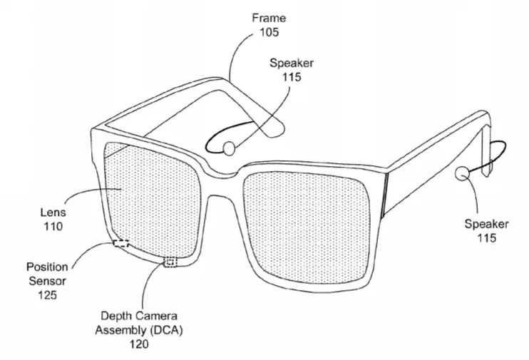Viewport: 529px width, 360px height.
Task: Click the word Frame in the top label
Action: click(x=269, y=18)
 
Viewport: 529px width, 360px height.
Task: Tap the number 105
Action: click(x=269, y=32)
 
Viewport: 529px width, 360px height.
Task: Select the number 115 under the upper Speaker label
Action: click(x=292, y=77)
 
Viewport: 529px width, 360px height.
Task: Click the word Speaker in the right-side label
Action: click(x=486, y=224)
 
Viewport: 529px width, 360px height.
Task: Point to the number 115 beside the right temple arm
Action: click(x=486, y=238)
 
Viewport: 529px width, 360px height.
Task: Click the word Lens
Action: click(x=53, y=212)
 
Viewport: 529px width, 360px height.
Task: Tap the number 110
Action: click(x=53, y=227)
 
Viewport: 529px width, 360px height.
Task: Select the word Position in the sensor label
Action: click(x=47, y=267)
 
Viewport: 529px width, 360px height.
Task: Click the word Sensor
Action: click(x=47, y=281)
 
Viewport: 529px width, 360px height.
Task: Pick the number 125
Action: click(x=47, y=295)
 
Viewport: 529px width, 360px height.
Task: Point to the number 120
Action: click(x=139, y=344)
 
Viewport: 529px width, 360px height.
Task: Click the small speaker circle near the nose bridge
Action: click(x=229, y=148)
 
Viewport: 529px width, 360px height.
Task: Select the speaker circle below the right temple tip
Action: click(x=462, y=173)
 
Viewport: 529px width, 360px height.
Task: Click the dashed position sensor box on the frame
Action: click(x=120, y=243)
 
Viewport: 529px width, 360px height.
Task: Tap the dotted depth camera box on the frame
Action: click(x=170, y=262)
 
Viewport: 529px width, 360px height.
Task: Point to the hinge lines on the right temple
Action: click(x=384, y=193)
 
